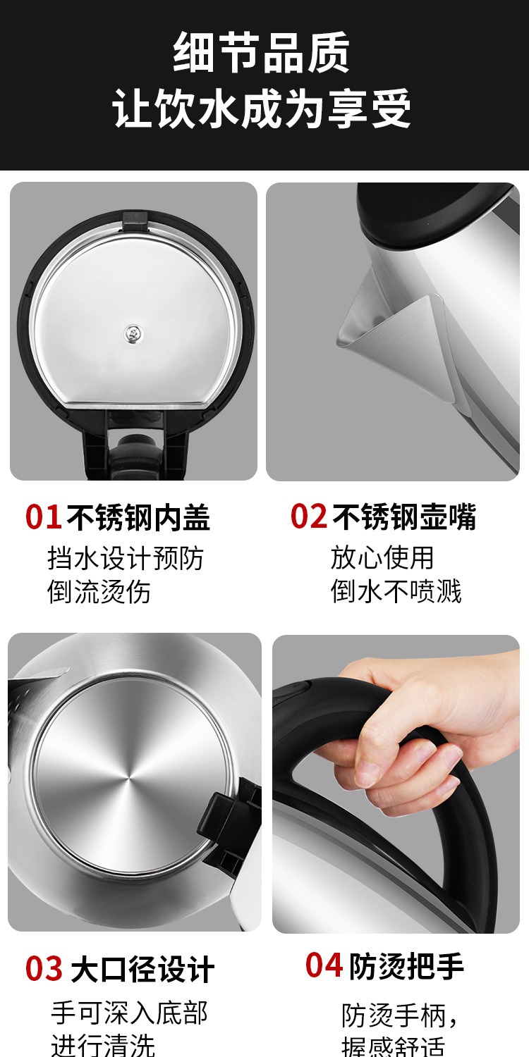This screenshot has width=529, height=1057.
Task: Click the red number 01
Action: pos(44,517)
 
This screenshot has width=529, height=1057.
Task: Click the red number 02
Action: pos(309,517)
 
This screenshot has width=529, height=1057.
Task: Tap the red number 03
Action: pos(44,969)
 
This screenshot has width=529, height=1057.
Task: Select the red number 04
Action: pos(324,965)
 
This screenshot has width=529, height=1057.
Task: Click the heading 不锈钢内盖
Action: pos(138,517)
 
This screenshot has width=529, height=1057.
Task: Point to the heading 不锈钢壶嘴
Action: pos(404,517)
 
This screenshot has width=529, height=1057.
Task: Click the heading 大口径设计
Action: pos(142,970)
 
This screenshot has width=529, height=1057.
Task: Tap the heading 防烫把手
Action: pos(406,966)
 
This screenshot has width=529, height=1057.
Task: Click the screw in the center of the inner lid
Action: pos(132,334)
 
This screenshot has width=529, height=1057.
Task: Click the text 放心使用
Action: pos(382,557)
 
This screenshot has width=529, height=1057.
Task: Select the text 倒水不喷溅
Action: pos(396,591)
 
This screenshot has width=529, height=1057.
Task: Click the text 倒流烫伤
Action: pos(99,591)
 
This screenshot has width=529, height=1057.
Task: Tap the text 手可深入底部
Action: pos(129,1013)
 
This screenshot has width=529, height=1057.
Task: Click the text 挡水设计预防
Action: pos(125,558)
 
